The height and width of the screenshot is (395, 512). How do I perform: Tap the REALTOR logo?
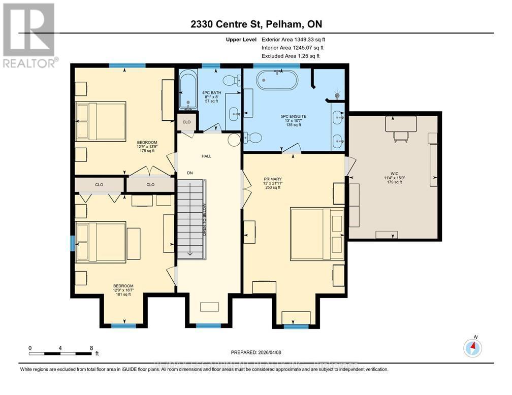[29, 36]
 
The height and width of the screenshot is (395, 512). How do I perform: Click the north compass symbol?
[472, 347]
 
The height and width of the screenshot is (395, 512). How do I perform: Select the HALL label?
[206, 156]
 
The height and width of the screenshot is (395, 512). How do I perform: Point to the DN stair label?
[190, 173]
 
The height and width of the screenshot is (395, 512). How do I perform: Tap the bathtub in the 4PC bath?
[187, 90]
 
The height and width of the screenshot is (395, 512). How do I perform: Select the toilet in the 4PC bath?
[233, 80]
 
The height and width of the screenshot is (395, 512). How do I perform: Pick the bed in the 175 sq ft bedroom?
[101, 121]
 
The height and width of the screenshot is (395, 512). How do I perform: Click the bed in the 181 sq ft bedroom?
[101, 242]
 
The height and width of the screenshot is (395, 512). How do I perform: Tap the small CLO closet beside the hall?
[186, 122]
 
